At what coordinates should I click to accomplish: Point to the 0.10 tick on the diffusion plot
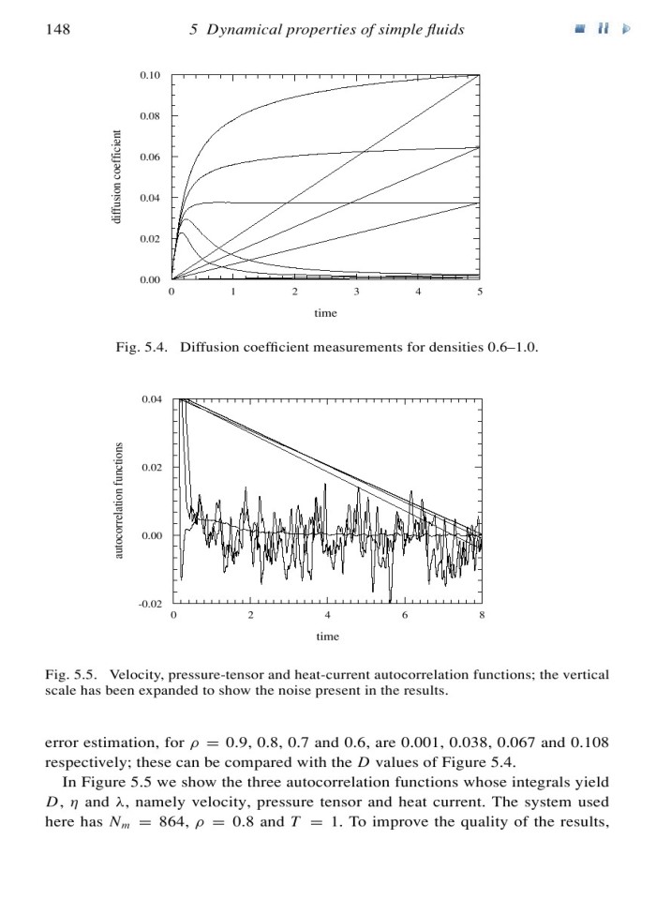(x=150, y=74)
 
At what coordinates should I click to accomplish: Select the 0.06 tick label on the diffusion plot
(x=150, y=157)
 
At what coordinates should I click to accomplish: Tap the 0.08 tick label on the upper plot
(x=150, y=115)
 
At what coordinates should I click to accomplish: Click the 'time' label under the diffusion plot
(x=326, y=312)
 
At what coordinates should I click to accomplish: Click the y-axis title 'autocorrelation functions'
(x=118, y=502)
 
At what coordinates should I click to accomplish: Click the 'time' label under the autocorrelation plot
(x=326, y=637)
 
